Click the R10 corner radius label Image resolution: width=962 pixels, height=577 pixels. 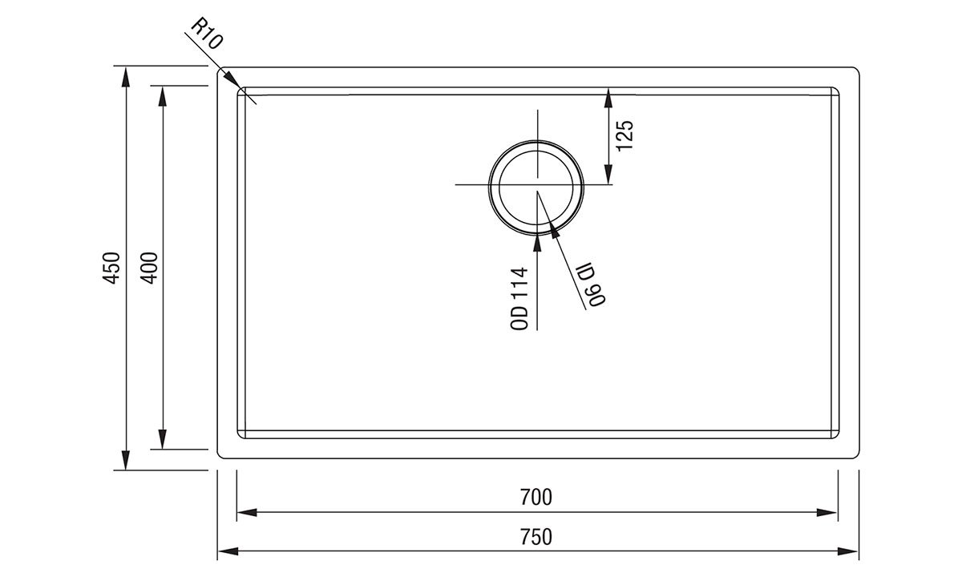coord(207,34)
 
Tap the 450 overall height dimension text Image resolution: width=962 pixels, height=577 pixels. coord(111,268)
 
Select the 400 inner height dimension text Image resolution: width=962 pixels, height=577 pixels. coord(149,268)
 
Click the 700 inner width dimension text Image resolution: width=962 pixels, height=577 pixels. coord(536,498)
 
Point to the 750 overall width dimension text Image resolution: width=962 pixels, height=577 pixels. coord(536,537)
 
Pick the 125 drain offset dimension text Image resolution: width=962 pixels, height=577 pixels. coord(624,135)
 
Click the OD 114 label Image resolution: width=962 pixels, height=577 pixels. coord(519,299)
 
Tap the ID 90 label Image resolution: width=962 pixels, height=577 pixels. coord(591,284)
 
